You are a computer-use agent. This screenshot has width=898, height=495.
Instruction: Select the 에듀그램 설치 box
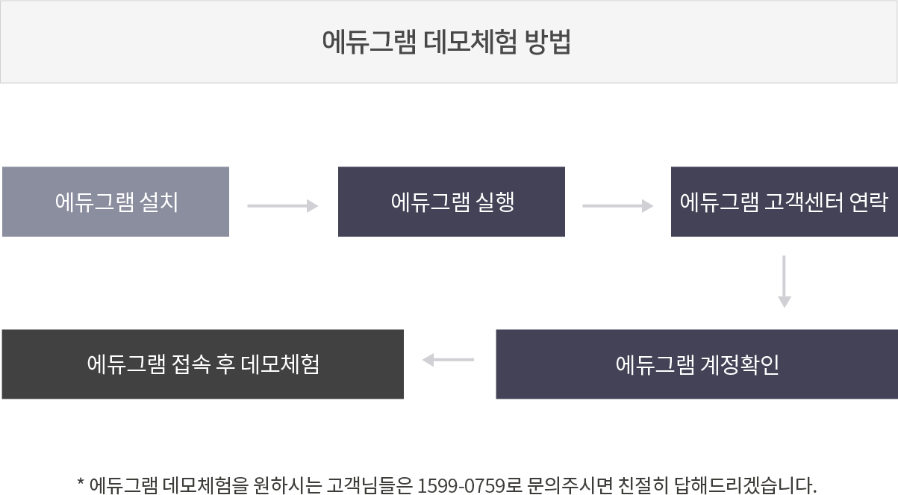(116, 202)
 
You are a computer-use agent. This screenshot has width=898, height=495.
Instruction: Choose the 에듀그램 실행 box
(451, 202)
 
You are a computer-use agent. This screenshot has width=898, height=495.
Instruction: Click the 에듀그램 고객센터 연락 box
(783, 202)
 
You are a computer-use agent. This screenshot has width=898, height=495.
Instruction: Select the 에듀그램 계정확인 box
(696, 364)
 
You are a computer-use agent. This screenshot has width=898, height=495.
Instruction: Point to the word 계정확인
(739, 364)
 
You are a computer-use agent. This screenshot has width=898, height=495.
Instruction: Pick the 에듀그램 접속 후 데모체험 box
(203, 364)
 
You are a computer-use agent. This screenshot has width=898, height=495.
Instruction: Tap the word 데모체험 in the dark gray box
(281, 364)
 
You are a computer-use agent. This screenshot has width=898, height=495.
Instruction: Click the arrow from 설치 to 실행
(283, 205)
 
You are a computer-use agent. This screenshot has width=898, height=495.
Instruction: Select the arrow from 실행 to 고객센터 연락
(617, 205)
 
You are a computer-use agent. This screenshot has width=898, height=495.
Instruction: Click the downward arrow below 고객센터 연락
(784, 281)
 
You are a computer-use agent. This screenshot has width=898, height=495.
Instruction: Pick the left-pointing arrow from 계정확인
(449, 361)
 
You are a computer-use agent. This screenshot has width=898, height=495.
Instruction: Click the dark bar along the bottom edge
(446, 485)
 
